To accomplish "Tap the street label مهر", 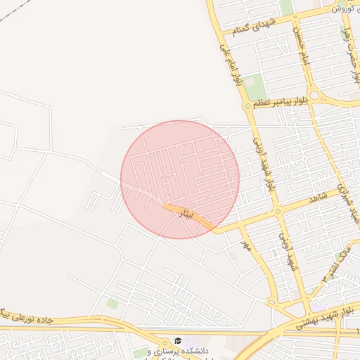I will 246,245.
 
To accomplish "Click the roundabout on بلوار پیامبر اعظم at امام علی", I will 247,106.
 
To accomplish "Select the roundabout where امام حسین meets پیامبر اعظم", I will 314,94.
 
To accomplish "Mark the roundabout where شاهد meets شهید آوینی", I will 278,210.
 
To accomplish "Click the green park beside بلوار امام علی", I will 255,86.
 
